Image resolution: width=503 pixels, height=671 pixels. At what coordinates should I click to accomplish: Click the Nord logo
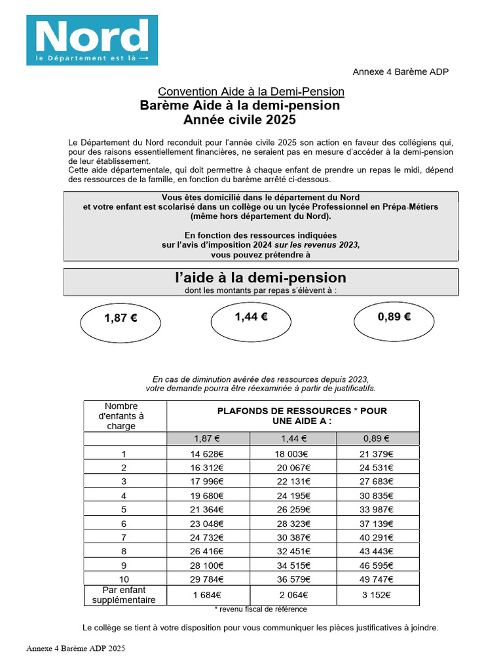click(x=92, y=40)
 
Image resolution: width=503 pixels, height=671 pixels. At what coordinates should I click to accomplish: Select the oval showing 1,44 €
click(x=251, y=318)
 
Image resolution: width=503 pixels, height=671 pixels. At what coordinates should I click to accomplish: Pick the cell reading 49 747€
click(x=377, y=579)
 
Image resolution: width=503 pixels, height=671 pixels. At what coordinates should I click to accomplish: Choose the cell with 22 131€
click(x=293, y=482)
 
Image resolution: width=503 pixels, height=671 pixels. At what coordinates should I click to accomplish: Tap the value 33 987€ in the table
click(x=377, y=509)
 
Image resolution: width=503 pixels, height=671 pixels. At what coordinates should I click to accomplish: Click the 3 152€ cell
click(x=377, y=595)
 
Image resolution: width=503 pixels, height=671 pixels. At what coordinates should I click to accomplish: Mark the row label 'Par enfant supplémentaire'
click(x=124, y=595)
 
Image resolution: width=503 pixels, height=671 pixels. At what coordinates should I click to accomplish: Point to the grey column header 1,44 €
click(x=293, y=439)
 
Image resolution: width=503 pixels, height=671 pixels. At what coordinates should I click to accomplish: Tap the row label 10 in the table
click(x=124, y=579)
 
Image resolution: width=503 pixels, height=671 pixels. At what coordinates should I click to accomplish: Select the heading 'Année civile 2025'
click(x=240, y=120)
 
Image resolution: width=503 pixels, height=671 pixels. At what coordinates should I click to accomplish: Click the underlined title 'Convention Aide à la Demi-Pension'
click(x=251, y=92)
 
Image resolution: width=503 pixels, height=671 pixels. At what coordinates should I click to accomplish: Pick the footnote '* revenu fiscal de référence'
click(x=260, y=609)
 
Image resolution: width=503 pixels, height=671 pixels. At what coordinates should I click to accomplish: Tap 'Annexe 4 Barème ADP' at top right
click(x=400, y=72)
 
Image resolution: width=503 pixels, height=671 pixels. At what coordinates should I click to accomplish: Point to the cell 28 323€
click(x=293, y=523)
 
